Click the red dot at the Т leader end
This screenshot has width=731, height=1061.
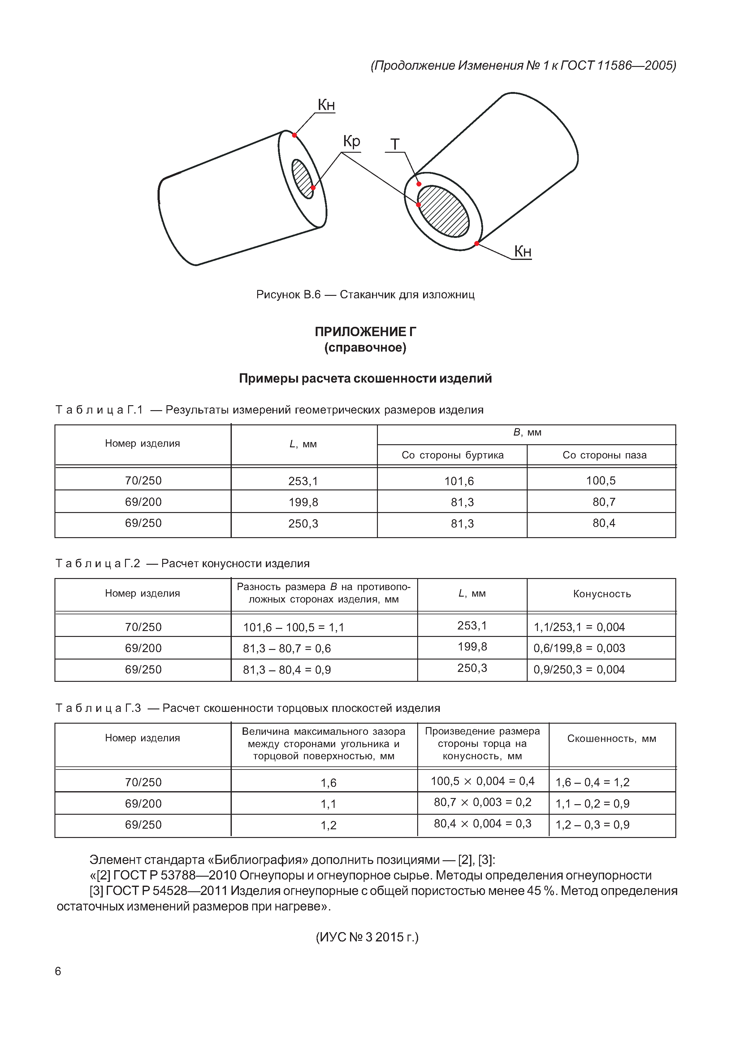[x=419, y=184]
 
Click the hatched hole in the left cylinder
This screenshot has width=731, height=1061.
[x=302, y=178]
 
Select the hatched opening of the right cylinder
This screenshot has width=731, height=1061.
[x=443, y=211]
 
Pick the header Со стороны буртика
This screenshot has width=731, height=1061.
[x=452, y=455]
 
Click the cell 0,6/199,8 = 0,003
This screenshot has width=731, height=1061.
[x=579, y=648]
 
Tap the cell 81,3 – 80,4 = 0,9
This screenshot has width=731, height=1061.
[x=287, y=670]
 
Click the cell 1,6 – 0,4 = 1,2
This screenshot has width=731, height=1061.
[x=592, y=782]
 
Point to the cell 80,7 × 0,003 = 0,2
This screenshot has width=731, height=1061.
[x=482, y=802]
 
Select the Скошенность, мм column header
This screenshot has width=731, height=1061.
[x=612, y=739]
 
